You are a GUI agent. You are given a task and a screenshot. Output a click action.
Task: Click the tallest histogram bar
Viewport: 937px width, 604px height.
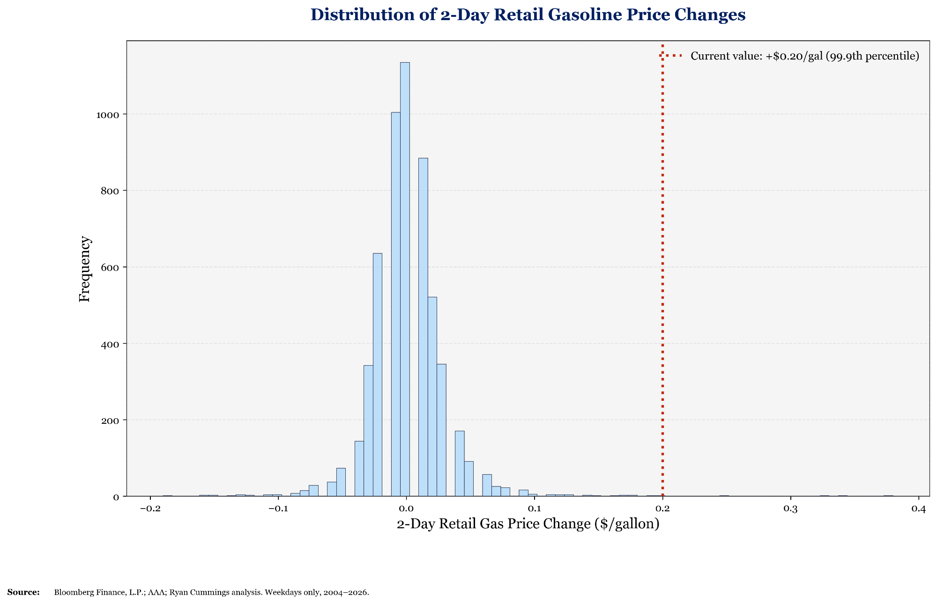click(x=405, y=281)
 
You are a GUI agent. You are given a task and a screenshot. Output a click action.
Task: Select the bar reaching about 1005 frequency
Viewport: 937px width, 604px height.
click(x=396, y=304)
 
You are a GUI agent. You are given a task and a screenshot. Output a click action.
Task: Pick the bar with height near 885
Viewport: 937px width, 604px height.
click(x=423, y=328)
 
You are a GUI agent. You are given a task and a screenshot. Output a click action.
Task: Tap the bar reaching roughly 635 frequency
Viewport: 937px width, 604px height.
click(x=378, y=375)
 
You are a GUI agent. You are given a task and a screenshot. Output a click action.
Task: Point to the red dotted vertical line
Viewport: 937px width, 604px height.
click(x=662, y=281)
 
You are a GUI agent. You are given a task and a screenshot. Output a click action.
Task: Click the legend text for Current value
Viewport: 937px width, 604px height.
click(x=805, y=56)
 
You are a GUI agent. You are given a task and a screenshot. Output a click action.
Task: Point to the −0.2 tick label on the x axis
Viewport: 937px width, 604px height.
click(x=149, y=509)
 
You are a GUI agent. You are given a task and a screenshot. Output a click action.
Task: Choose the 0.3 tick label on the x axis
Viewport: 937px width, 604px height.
click(x=790, y=509)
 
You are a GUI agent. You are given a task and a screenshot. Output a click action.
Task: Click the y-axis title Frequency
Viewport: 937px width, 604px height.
click(x=85, y=269)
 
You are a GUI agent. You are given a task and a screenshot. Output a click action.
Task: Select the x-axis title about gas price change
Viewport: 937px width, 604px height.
click(x=528, y=524)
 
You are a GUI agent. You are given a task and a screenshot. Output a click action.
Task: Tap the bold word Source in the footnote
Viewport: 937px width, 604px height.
click(x=23, y=592)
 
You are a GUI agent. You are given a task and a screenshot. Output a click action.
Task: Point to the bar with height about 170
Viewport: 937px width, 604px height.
click(x=460, y=464)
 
